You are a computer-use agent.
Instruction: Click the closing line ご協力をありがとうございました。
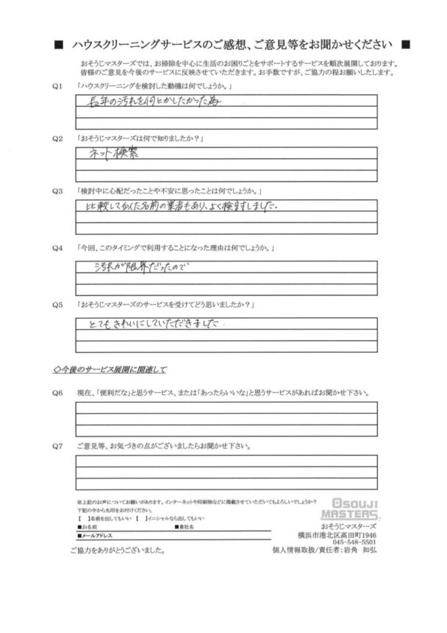[118, 551]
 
